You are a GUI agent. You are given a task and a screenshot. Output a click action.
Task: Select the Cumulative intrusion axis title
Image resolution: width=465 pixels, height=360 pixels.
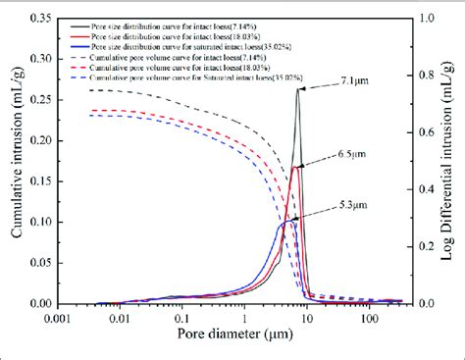14,162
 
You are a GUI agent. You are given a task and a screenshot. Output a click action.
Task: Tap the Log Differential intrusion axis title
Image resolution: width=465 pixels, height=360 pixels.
450,162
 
